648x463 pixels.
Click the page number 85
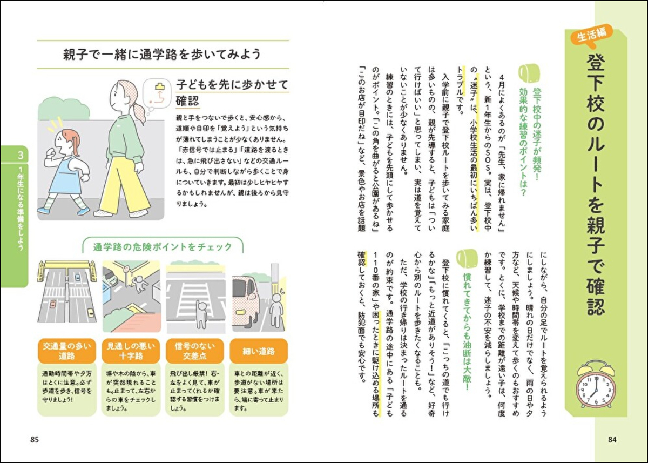click(x=35, y=439)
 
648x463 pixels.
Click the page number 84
click(x=612, y=439)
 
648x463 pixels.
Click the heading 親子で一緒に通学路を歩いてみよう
click(x=162, y=54)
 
